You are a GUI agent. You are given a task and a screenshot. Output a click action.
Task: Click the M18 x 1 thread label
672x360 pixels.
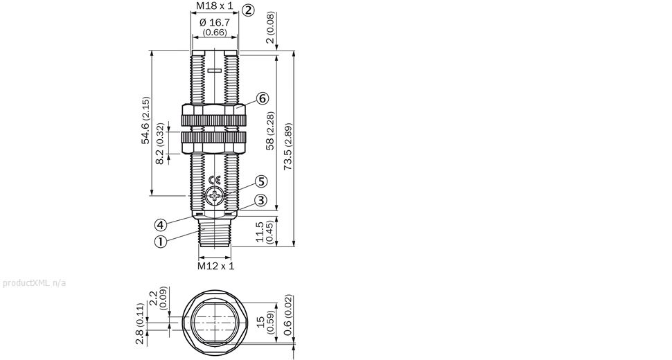pyautogui.click(x=214, y=7)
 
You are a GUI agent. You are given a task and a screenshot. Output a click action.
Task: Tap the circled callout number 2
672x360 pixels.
pyautogui.click(x=248, y=10)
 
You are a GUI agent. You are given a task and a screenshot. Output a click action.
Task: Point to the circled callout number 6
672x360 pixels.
pyautogui.click(x=262, y=98)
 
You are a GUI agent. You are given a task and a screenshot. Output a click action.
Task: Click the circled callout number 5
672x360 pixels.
pyautogui.click(x=260, y=181)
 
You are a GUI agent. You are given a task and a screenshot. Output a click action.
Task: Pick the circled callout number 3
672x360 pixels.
pyautogui.click(x=260, y=200)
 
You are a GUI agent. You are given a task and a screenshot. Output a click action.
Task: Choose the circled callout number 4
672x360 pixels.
pyautogui.click(x=160, y=224)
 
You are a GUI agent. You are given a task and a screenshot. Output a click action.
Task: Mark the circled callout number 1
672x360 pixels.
pyautogui.click(x=160, y=242)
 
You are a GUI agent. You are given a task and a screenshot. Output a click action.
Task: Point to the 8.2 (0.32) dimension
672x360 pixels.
pyautogui.click(x=160, y=144)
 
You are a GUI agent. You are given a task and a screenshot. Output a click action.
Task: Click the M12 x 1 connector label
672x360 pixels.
pyautogui.click(x=215, y=265)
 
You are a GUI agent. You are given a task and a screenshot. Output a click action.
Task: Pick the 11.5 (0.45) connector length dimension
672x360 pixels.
pyautogui.click(x=264, y=232)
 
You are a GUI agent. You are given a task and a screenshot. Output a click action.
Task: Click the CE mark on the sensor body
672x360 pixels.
pyautogui.click(x=215, y=181)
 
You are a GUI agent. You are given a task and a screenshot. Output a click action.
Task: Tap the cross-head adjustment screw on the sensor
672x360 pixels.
pyautogui.click(x=215, y=197)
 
